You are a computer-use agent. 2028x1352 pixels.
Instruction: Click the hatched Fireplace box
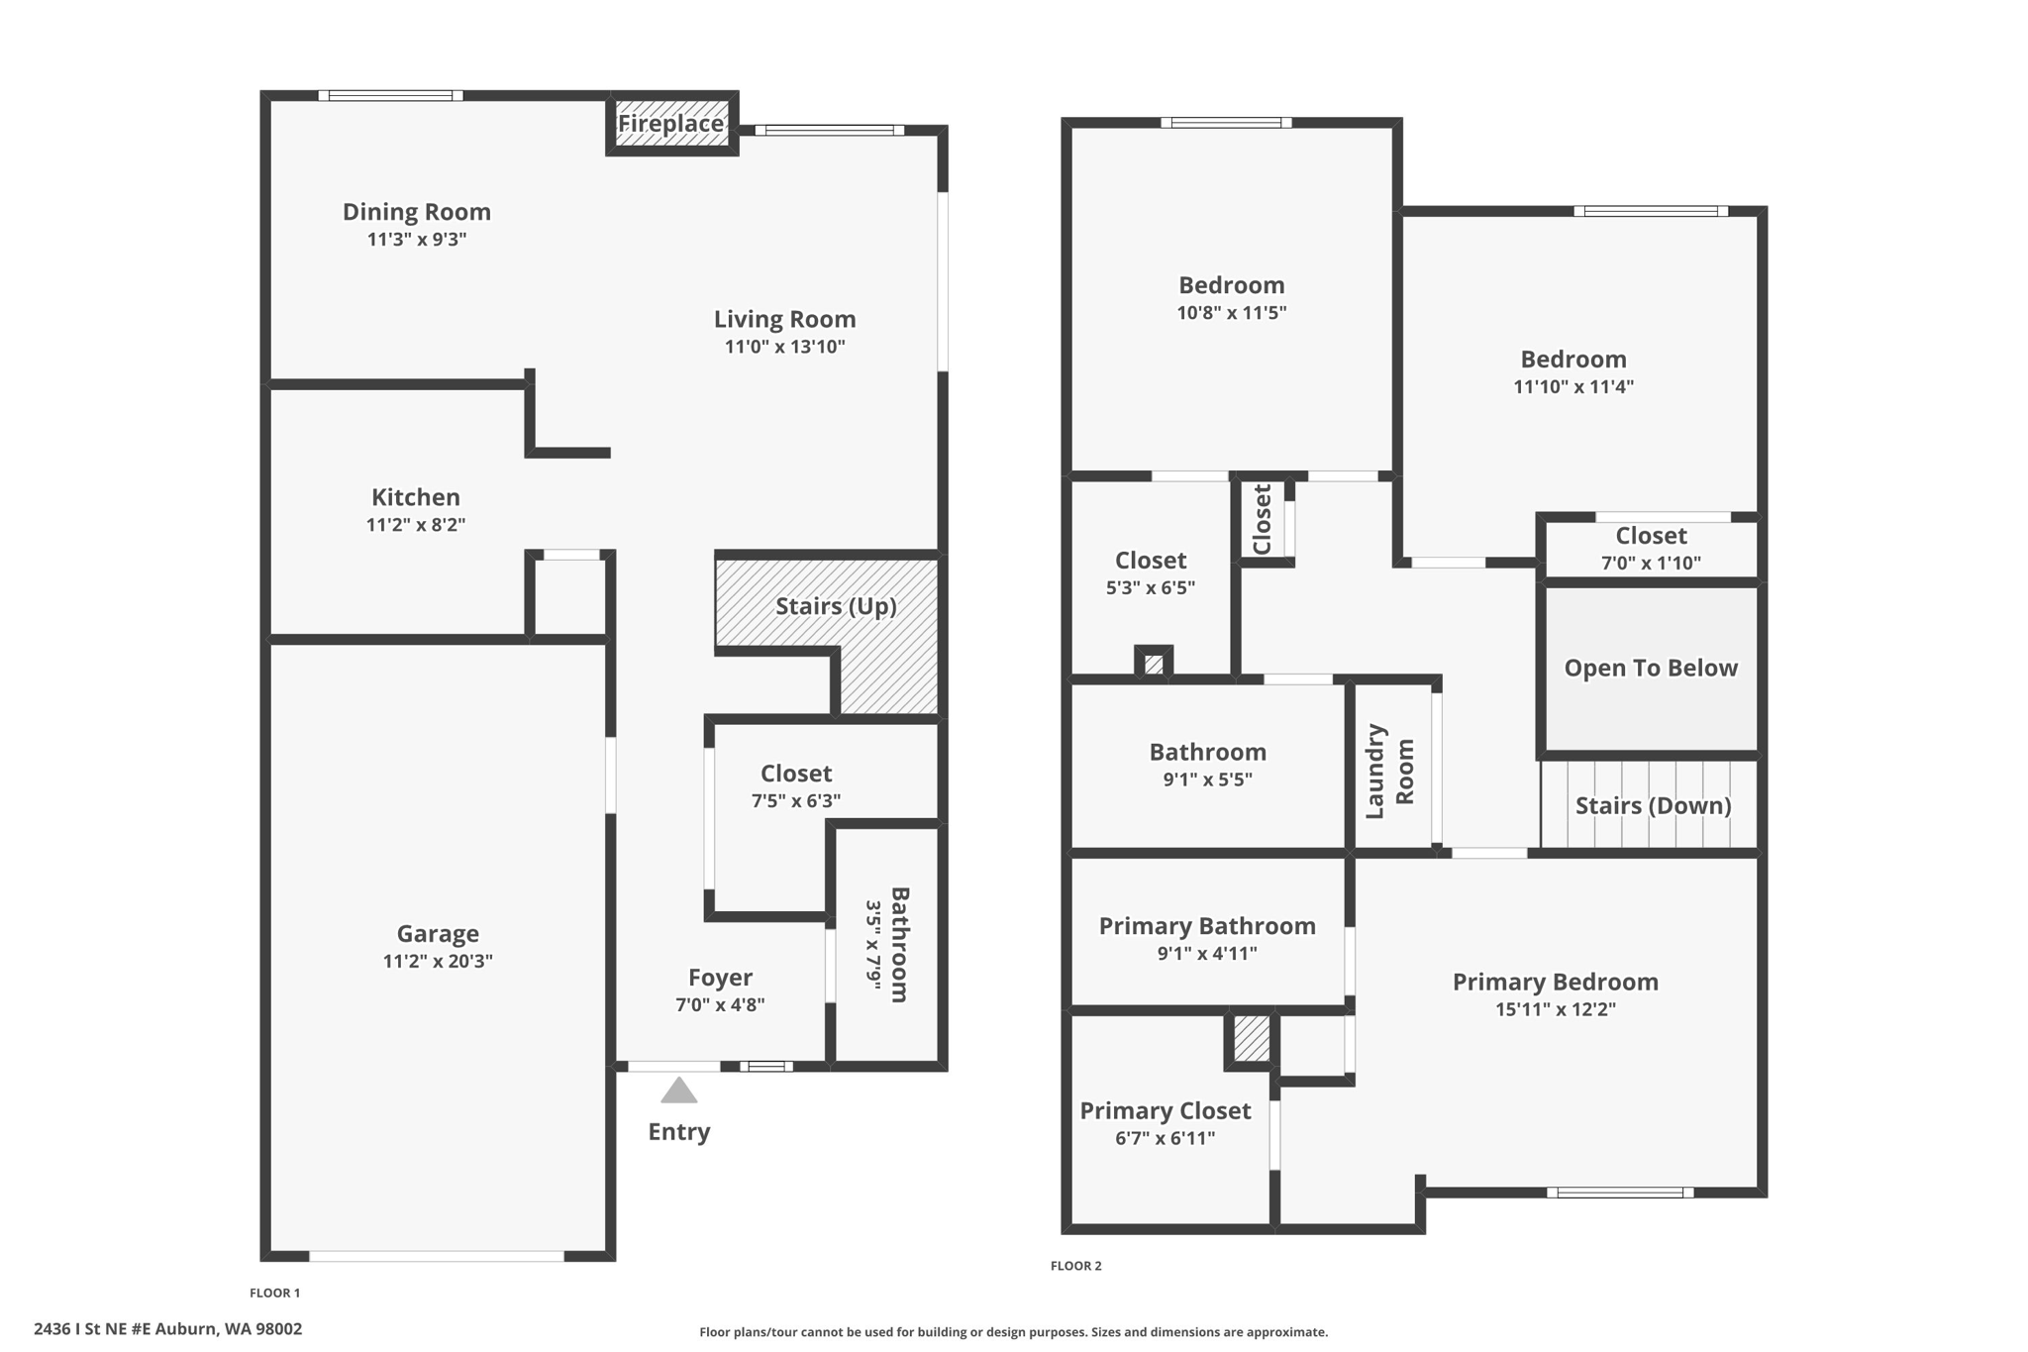[x=672, y=123]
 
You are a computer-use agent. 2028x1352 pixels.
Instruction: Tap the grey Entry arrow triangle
[x=679, y=1091]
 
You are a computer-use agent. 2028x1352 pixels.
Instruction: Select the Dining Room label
[x=417, y=212]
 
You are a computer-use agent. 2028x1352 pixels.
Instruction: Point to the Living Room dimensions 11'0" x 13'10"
[x=784, y=347]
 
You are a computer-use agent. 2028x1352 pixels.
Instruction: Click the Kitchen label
[x=416, y=497]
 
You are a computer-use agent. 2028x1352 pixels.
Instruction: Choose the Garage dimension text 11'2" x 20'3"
[x=438, y=961]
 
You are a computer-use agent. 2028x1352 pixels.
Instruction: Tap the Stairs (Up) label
[x=836, y=606]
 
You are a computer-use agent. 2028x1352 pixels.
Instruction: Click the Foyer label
[x=720, y=978]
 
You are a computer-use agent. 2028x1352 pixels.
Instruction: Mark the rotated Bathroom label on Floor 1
[x=899, y=944]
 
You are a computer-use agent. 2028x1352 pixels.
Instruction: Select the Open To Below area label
[x=1651, y=668]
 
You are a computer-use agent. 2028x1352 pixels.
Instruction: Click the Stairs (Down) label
[x=1653, y=805]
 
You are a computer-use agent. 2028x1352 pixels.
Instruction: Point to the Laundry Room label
[x=1390, y=772]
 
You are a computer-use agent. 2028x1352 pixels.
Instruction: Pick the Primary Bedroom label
[x=1555, y=982]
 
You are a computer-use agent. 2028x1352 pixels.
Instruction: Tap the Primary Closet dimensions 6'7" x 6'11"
[x=1165, y=1138]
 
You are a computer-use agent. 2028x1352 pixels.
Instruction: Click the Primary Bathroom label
[x=1207, y=926]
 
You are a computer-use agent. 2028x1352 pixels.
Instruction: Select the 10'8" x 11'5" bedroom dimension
[x=1231, y=313]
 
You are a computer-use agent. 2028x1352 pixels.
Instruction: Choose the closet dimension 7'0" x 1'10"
[x=1651, y=563]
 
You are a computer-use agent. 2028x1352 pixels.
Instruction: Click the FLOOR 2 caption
[x=1075, y=1266]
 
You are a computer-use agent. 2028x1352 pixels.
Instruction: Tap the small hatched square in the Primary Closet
[x=1252, y=1039]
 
